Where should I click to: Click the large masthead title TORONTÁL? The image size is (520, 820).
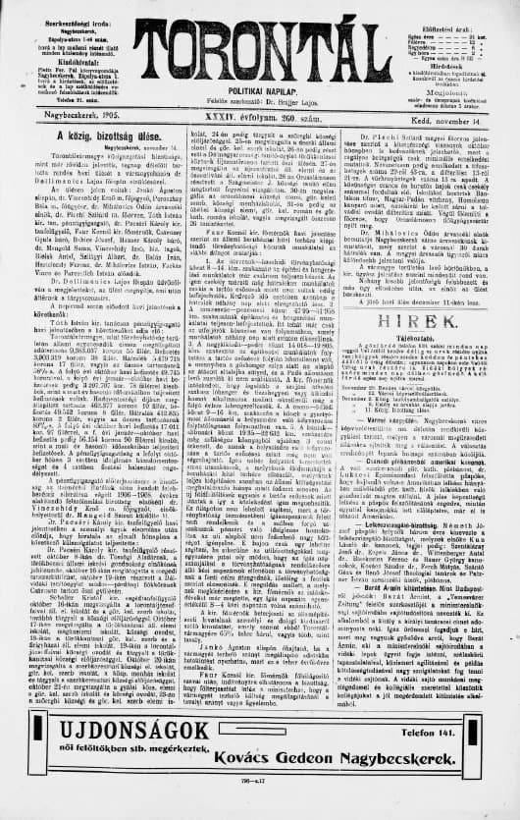click(260, 45)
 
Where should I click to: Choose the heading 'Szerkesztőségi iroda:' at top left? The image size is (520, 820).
click(61, 8)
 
